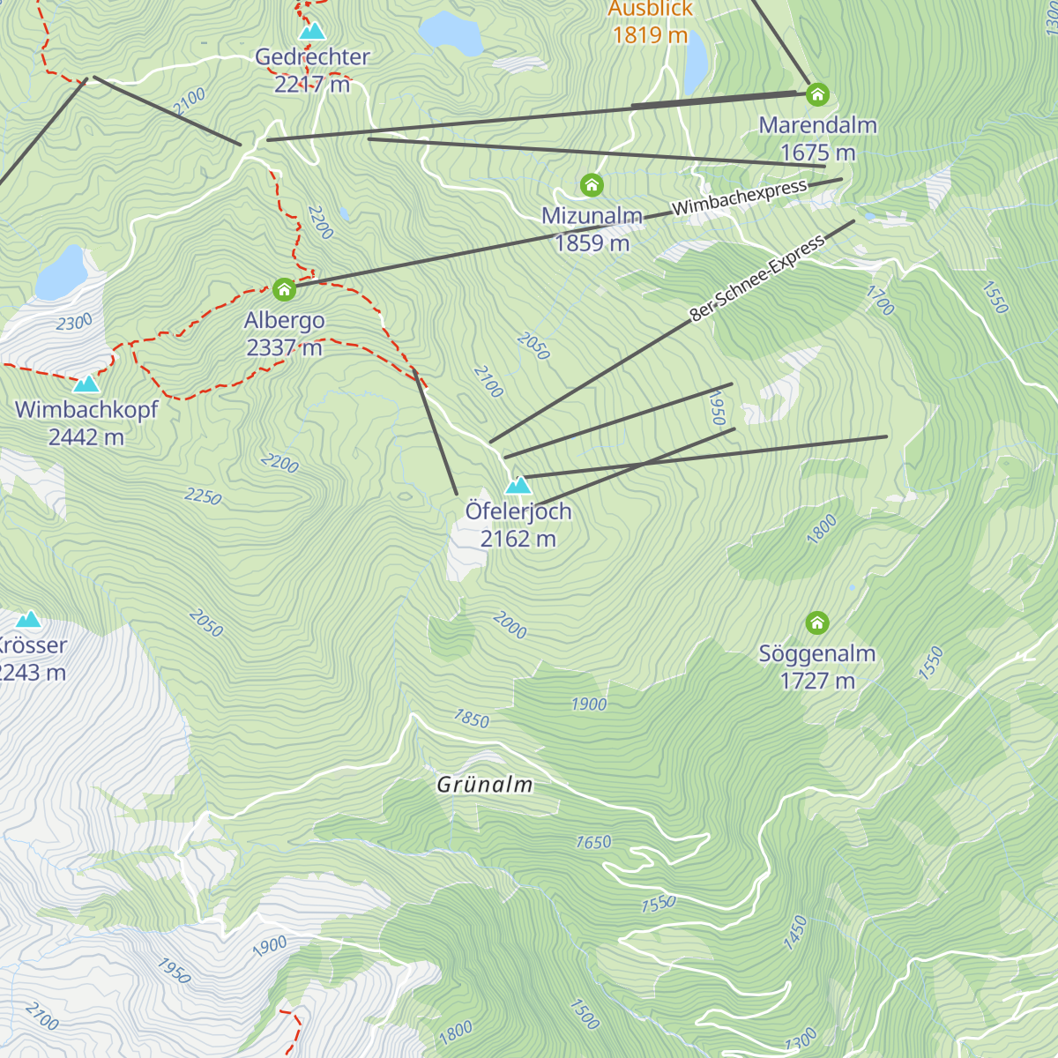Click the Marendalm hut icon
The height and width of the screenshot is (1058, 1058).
pyautogui.click(x=818, y=93)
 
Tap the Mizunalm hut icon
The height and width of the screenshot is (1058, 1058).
pyautogui.click(x=592, y=185)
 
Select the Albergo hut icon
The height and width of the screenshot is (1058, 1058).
pyautogui.click(x=283, y=289)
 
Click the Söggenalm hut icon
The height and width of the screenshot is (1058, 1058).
pyautogui.click(x=817, y=623)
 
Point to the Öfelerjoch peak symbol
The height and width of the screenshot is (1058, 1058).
pyautogui.click(x=518, y=485)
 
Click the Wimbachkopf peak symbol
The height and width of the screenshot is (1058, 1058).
pyautogui.click(x=86, y=384)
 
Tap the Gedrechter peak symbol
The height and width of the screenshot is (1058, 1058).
pyautogui.click(x=312, y=32)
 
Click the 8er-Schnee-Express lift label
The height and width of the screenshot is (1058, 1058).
pyautogui.click(x=756, y=278)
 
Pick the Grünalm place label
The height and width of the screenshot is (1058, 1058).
pyautogui.click(x=485, y=785)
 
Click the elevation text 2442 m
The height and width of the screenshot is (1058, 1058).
pyautogui.click(x=86, y=437)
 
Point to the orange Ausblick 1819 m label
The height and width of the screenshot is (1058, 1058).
pyautogui.click(x=650, y=23)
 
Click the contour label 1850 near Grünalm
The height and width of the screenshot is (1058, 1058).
pyautogui.click(x=471, y=719)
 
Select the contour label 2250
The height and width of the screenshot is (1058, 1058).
pyautogui.click(x=203, y=496)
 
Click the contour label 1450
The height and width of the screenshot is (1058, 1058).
pyautogui.click(x=795, y=932)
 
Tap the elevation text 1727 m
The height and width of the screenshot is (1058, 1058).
pyautogui.click(x=817, y=681)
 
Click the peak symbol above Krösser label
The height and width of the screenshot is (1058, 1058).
pyautogui.click(x=29, y=619)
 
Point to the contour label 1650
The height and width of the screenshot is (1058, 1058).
pyautogui.click(x=593, y=842)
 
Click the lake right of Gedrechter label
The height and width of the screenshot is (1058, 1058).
pyautogui.click(x=451, y=33)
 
